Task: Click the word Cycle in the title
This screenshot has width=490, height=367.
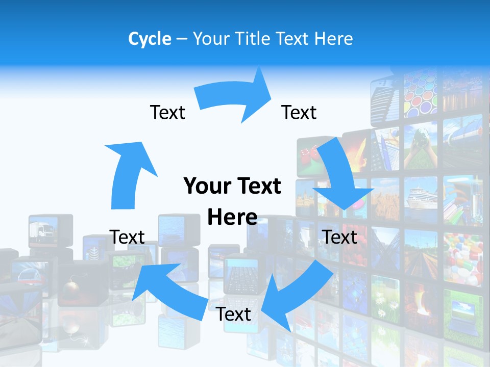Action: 150,39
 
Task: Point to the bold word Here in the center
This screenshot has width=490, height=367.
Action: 232,217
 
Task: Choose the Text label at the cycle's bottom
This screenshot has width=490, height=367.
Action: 233,314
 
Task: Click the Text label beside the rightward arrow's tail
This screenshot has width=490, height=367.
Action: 167,112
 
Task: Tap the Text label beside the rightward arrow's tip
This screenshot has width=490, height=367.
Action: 299,112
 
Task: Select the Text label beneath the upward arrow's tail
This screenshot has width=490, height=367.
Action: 127,237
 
